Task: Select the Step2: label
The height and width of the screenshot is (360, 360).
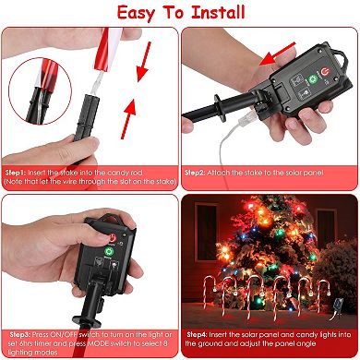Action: click(201, 173)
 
